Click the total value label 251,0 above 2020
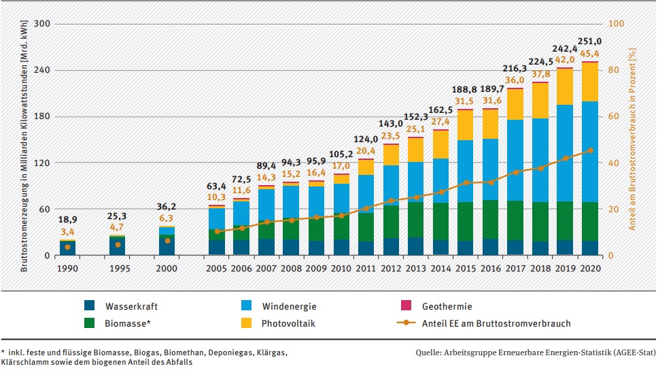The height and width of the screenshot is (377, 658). pyautogui.click(x=589, y=40)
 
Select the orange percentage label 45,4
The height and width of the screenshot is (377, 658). pyautogui.click(x=589, y=52)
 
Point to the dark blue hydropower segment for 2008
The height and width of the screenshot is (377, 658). pyautogui.click(x=291, y=247)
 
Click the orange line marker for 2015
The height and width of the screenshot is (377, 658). pyautogui.click(x=465, y=182)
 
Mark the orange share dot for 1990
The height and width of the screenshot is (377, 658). pyautogui.click(x=67, y=247)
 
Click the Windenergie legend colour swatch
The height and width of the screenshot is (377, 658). pyautogui.click(x=249, y=307)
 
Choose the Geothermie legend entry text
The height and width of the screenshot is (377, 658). pyautogui.click(x=447, y=307)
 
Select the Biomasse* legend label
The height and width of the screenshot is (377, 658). pyautogui.click(x=128, y=323)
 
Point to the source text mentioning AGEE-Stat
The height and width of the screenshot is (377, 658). pyautogui.click(x=535, y=353)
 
